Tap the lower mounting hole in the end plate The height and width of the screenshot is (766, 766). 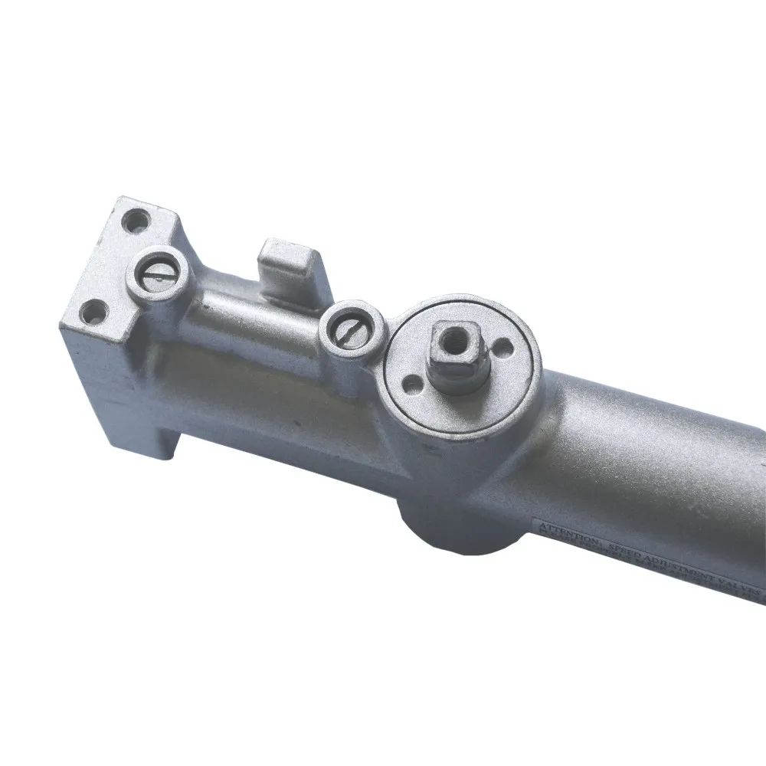[x=93, y=311]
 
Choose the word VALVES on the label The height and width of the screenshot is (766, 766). [x=740, y=585]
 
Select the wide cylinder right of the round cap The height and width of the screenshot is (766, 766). [x=651, y=460]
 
